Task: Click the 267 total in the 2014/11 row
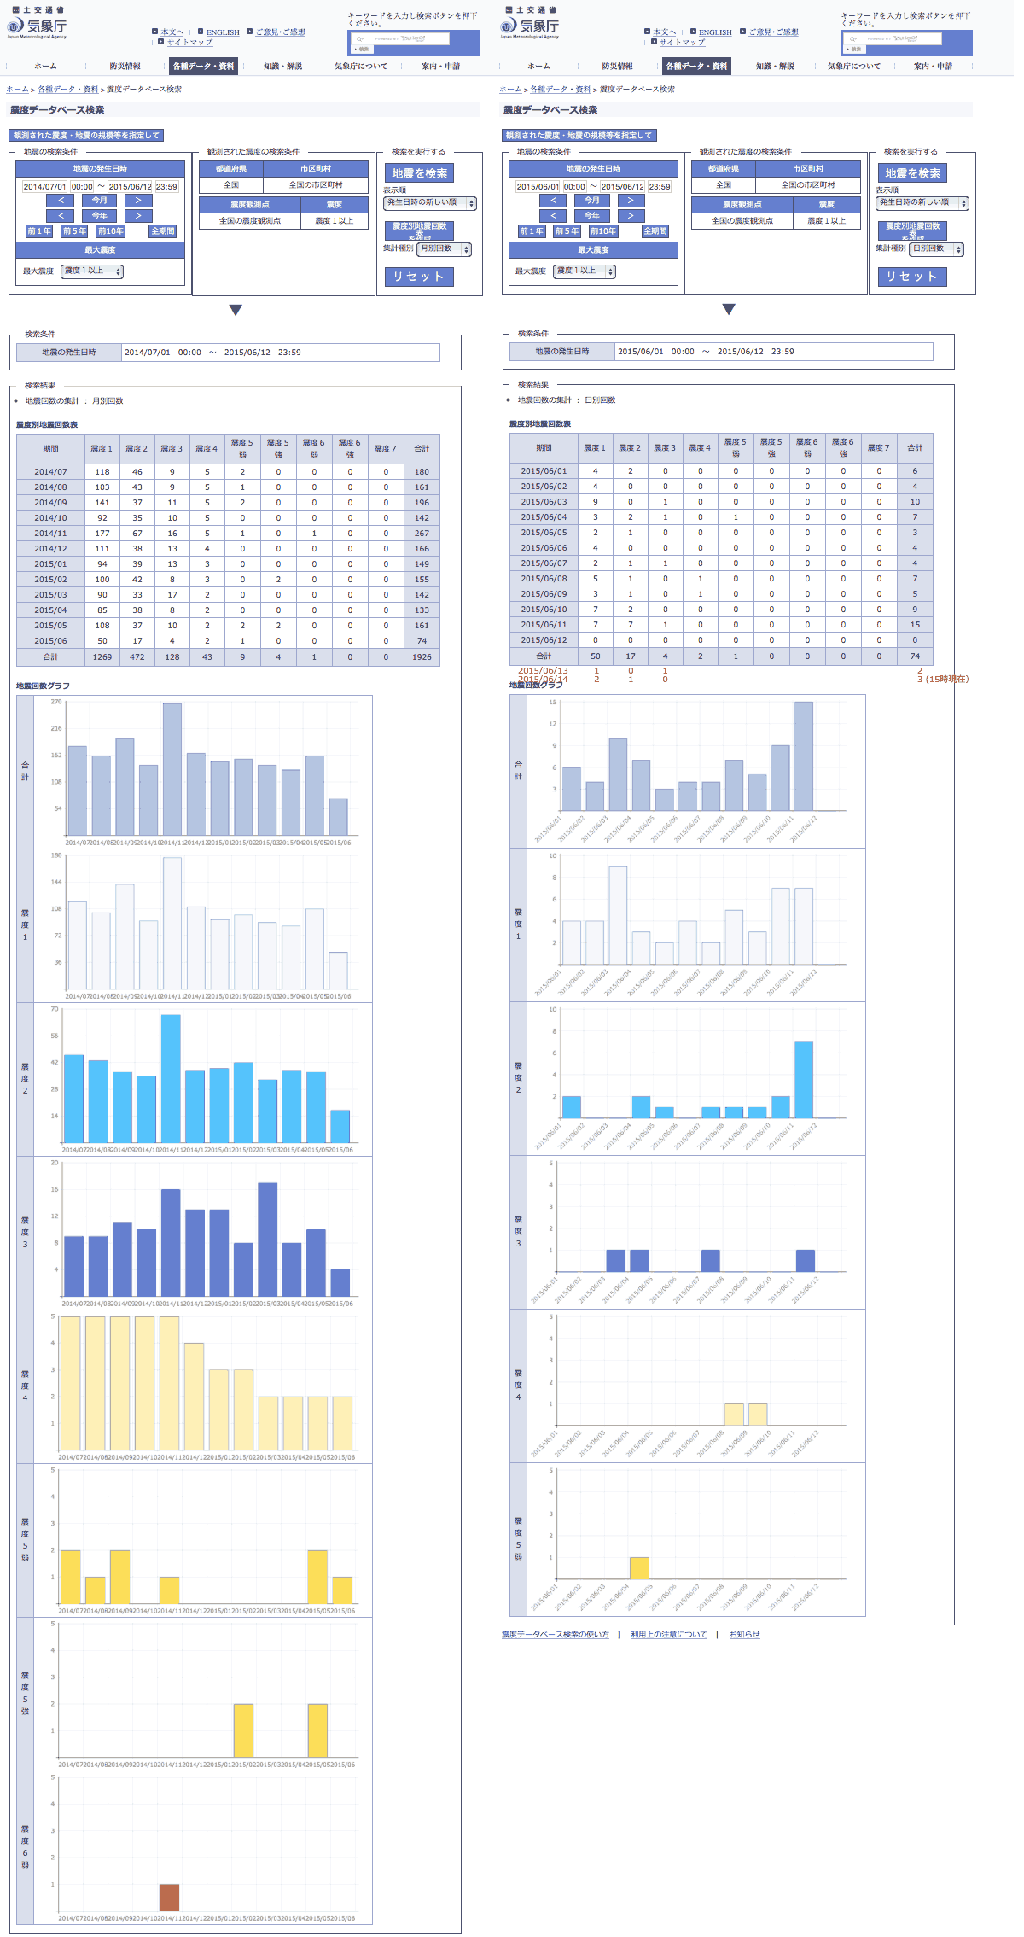(x=422, y=534)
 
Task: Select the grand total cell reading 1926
(x=422, y=657)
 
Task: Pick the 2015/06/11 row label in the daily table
(x=544, y=625)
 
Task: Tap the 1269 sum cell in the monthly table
(x=102, y=657)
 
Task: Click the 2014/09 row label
(x=50, y=503)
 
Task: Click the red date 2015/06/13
(x=543, y=671)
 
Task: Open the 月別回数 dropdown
(x=444, y=249)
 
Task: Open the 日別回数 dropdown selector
(x=936, y=249)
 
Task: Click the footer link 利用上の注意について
(x=669, y=1635)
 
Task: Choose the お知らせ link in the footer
(x=744, y=1635)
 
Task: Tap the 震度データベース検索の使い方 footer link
(x=555, y=1635)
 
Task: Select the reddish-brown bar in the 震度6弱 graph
(x=170, y=1898)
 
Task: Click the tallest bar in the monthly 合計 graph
(x=172, y=768)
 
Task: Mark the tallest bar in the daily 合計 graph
(x=804, y=756)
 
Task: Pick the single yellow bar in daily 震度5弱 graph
(x=639, y=1568)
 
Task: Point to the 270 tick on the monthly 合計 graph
(x=56, y=702)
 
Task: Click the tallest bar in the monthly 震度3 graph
(x=268, y=1239)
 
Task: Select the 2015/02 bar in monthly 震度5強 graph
(x=244, y=1730)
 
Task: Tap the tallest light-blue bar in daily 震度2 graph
(x=804, y=1080)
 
